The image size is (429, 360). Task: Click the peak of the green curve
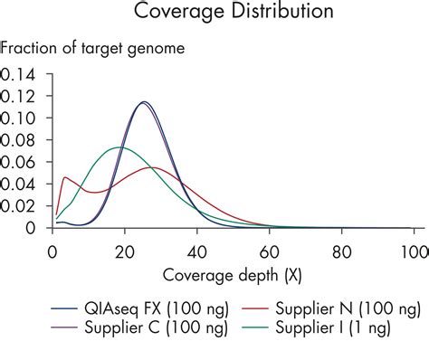[119, 147]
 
